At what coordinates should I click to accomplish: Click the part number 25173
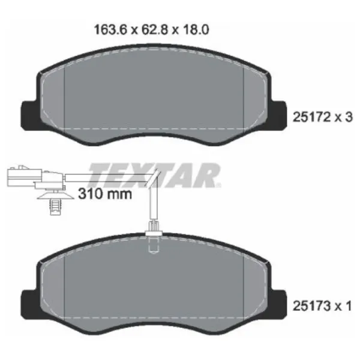[x=310, y=307]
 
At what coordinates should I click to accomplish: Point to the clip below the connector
[x=53, y=202]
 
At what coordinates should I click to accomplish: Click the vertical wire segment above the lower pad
[x=150, y=204]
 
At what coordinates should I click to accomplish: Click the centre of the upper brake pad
[x=152, y=99]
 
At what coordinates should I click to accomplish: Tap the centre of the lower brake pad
[x=152, y=288]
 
